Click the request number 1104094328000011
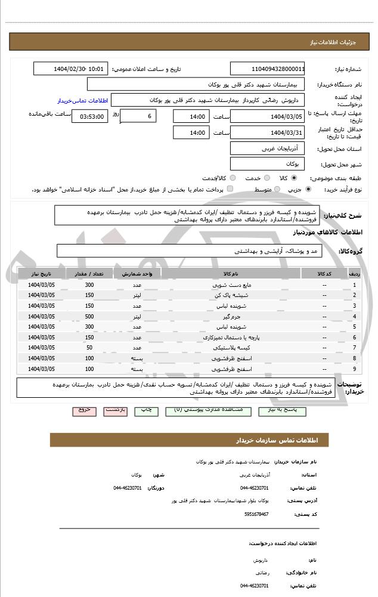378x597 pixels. [x=267, y=69]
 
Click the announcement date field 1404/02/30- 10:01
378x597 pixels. [x=70, y=69]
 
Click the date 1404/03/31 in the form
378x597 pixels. [x=267, y=132]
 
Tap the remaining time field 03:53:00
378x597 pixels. [x=89, y=117]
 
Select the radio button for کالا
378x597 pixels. [x=295, y=178]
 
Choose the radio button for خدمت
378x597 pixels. [x=266, y=178]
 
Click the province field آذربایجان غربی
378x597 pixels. [x=267, y=148]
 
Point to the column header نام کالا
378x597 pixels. [x=231, y=274]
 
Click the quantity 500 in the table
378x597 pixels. [x=89, y=316]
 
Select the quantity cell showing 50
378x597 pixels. [x=89, y=347]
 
